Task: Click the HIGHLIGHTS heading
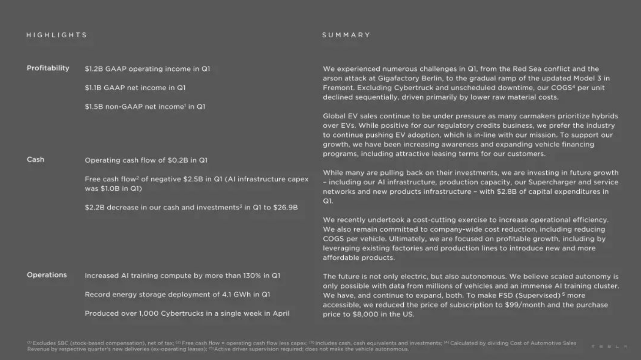point(56,35)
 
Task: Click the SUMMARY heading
point(346,35)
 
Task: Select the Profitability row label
point(48,68)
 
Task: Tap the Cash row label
point(35,159)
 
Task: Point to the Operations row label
point(46,275)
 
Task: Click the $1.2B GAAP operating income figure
point(93,69)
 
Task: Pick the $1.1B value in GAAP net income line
point(93,88)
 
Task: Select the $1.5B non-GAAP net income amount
point(93,106)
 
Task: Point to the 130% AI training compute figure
point(252,276)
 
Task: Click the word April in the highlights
point(281,314)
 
